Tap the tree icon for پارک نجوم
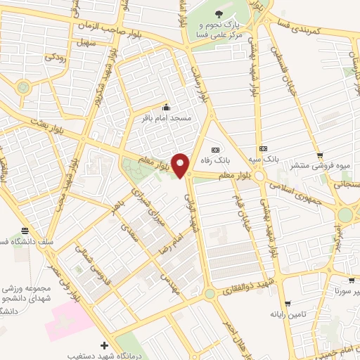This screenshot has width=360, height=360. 219,13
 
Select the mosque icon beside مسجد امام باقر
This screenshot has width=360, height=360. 166,107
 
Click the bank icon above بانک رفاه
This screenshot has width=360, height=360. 215,149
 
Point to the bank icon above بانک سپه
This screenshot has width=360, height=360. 263,148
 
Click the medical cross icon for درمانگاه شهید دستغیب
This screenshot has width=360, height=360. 105,345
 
